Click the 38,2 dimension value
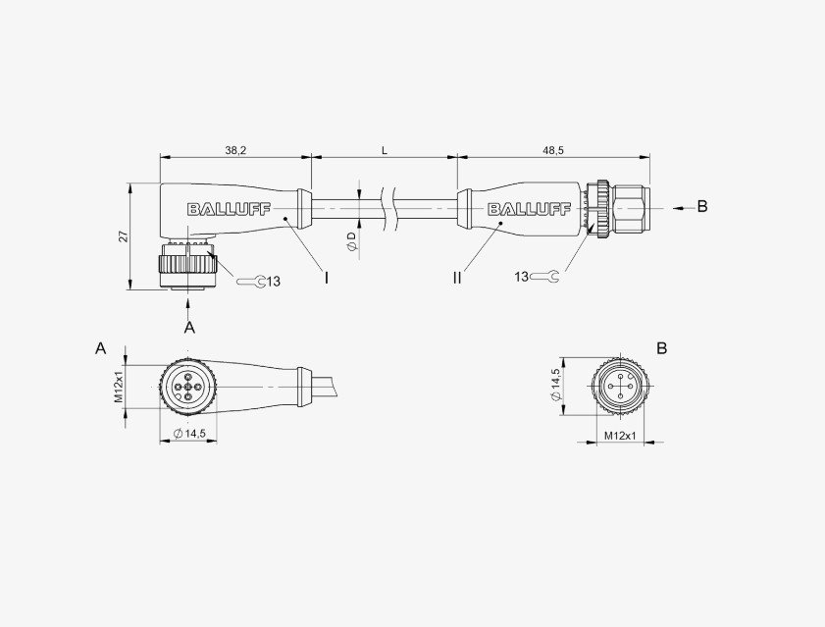235,150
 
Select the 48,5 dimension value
553,150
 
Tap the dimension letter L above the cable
385,150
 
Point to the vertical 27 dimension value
124,236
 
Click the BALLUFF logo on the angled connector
229,209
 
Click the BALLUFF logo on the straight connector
529,209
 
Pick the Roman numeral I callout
327,278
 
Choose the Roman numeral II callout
457,278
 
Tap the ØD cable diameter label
352,241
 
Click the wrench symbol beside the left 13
250,282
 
